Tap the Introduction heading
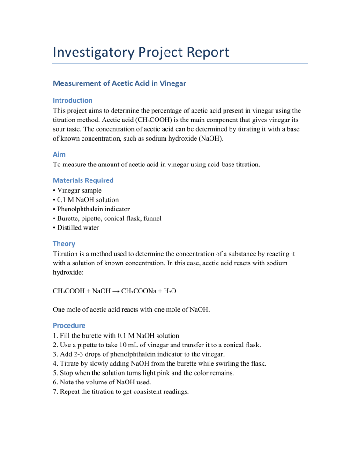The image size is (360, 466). tap(73, 100)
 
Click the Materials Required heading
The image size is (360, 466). tap(83, 180)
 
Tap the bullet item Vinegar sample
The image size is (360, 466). tap(78, 190)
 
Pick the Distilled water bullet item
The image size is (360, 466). tap(78, 228)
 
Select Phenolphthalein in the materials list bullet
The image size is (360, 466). tap(82, 209)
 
